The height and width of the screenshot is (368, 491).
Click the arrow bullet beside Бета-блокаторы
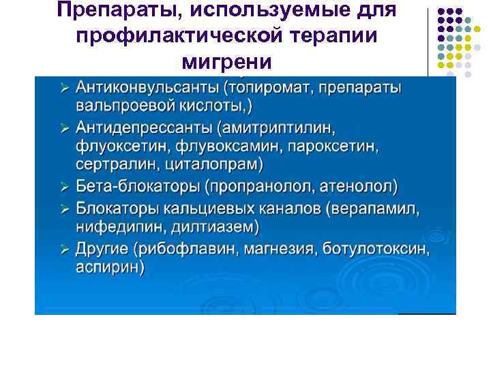pyautogui.click(x=64, y=186)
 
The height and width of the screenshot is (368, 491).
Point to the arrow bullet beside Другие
pyautogui.click(x=64, y=249)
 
